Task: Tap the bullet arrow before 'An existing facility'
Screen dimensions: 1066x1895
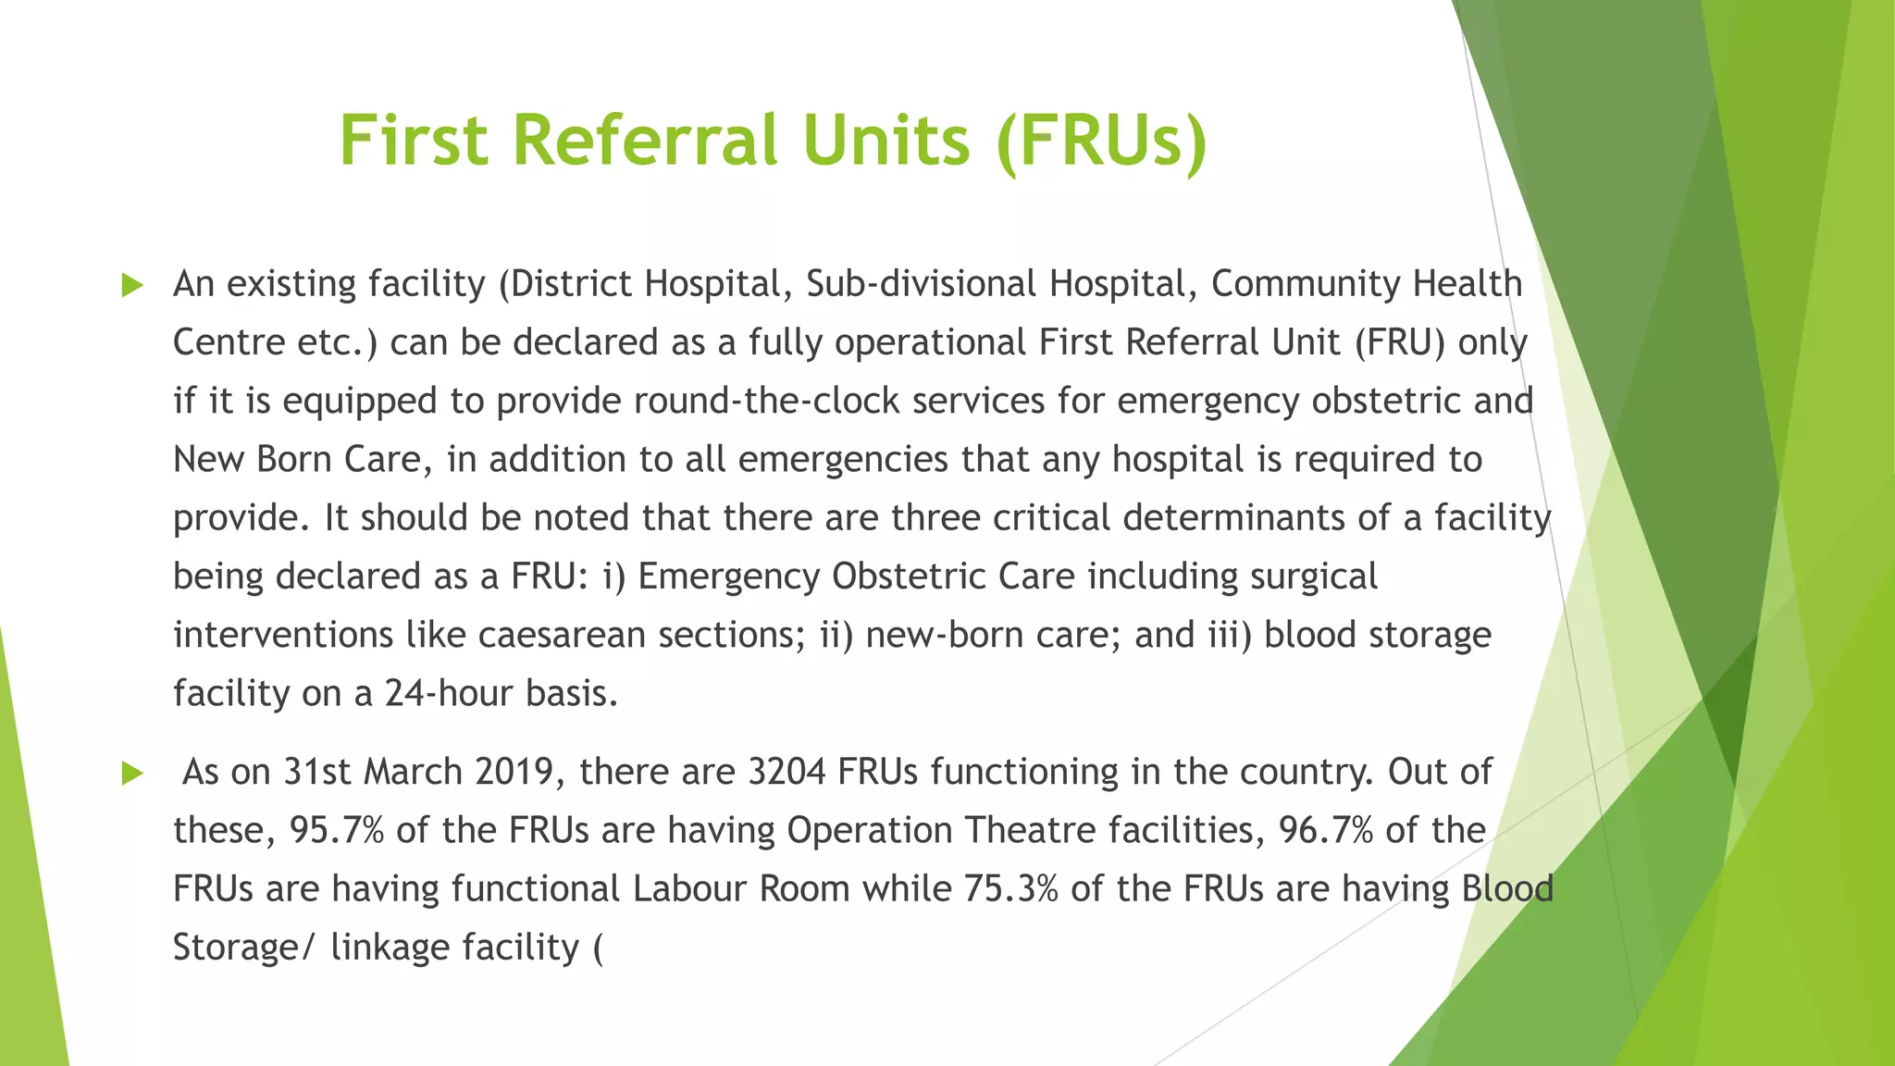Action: tap(132, 286)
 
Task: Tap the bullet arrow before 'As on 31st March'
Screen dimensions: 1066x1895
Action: tap(132, 774)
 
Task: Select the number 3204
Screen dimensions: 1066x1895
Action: tap(786, 772)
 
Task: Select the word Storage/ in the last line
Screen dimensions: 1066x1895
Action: tap(244, 948)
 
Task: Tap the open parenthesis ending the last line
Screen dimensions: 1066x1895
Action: tap(597, 948)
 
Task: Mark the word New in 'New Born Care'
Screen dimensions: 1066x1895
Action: tap(208, 460)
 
